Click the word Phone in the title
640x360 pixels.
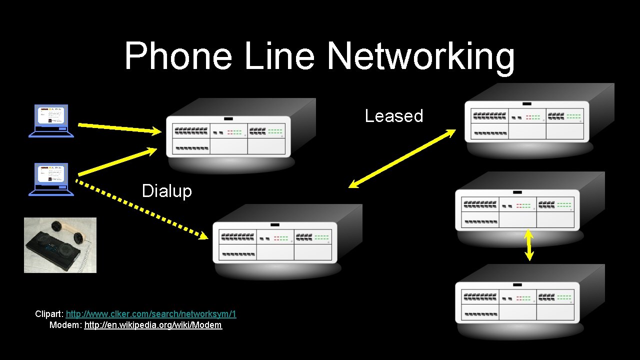(178, 56)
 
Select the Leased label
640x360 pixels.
(394, 116)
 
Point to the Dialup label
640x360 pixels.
(166, 191)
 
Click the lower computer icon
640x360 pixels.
(51, 179)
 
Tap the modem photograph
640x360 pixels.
(60, 245)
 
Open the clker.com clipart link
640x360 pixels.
(151, 314)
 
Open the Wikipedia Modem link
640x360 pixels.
(153, 325)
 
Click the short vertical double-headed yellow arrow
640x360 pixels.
(529, 245)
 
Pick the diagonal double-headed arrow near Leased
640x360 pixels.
(402, 159)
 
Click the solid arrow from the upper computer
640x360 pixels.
(120, 128)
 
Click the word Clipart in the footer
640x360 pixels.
(48, 314)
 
